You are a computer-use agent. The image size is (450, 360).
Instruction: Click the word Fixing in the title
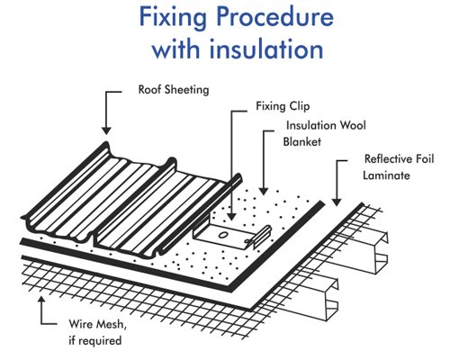tap(173, 18)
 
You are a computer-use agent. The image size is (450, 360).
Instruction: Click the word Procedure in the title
tap(274, 16)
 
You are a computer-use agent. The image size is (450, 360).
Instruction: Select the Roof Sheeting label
tap(174, 90)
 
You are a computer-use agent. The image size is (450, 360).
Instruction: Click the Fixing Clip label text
tap(283, 106)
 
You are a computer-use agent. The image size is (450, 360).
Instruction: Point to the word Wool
tap(353, 125)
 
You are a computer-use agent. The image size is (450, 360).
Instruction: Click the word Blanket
tap(302, 141)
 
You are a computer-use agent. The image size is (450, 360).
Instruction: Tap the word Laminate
tap(386, 175)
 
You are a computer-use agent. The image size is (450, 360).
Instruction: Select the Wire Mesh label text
tap(98, 325)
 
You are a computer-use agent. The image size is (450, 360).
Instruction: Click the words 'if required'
tap(95, 341)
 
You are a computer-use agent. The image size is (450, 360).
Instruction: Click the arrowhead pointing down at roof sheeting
tap(106, 130)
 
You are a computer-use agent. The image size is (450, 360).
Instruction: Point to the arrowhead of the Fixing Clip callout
tap(231, 217)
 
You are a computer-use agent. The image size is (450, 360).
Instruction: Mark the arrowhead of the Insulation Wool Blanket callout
tap(264, 191)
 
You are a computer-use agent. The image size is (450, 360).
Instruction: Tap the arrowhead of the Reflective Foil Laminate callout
tap(337, 202)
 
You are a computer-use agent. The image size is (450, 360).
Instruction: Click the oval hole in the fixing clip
tap(223, 235)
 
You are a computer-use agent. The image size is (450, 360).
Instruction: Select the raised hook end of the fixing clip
tap(263, 236)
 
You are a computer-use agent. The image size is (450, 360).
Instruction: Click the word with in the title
tap(176, 49)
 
